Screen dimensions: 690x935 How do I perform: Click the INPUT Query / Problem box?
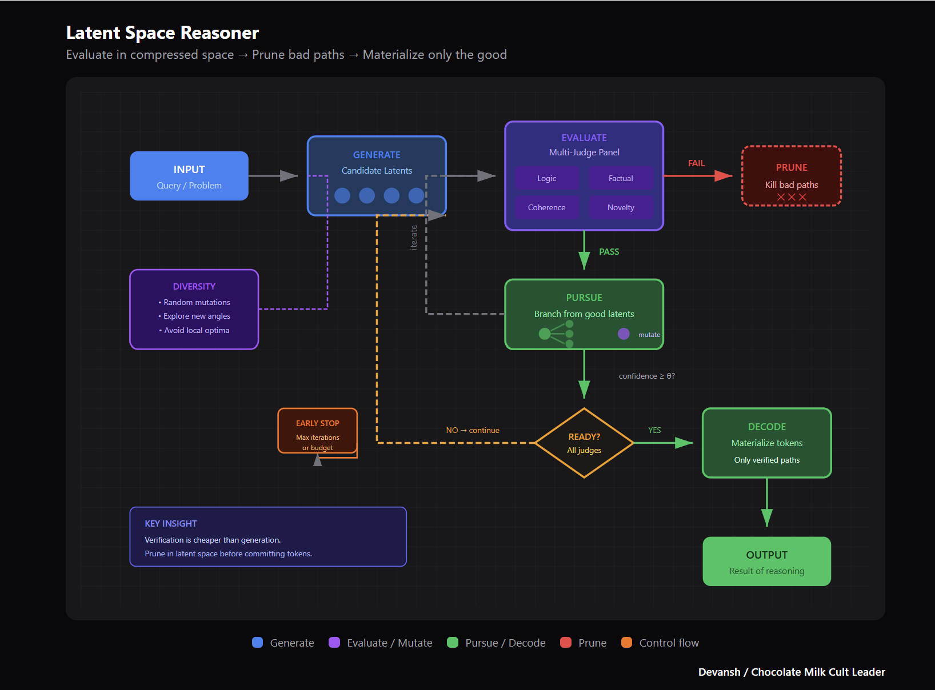pyautogui.click(x=189, y=176)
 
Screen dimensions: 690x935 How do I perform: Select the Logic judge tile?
pyautogui.click(x=546, y=178)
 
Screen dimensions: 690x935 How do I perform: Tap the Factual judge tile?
pyautogui.click(x=621, y=178)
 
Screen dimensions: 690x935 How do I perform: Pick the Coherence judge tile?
pyautogui.click(x=546, y=207)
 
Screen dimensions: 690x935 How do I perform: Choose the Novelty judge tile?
pyautogui.click(x=621, y=207)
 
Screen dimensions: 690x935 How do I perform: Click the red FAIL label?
pyautogui.click(x=696, y=163)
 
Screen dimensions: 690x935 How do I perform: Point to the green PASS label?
pyautogui.click(x=609, y=252)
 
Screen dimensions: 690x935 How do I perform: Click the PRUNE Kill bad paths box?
pyautogui.click(x=791, y=176)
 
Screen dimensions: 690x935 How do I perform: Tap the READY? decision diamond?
pyautogui.click(x=584, y=443)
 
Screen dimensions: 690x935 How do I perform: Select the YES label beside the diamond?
pyautogui.click(x=654, y=430)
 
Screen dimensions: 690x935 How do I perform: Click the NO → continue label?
pyautogui.click(x=473, y=430)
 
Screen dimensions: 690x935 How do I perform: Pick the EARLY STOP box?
pyautogui.click(x=318, y=431)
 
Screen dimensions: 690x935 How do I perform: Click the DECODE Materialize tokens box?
pyautogui.click(x=766, y=443)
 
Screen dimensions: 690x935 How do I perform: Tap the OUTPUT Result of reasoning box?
pyautogui.click(x=766, y=561)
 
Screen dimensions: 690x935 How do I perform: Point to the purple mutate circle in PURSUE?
pyautogui.click(x=624, y=334)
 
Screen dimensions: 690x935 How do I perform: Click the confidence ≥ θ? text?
pyautogui.click(x=646, y=376)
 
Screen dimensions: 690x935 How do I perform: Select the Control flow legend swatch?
pyautogui.click(x=626, y=643)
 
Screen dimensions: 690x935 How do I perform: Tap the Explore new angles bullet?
pyautogui.click(x=197, y=316)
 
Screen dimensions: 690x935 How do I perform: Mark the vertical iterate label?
pyautogui.click(x=414, y=237)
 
